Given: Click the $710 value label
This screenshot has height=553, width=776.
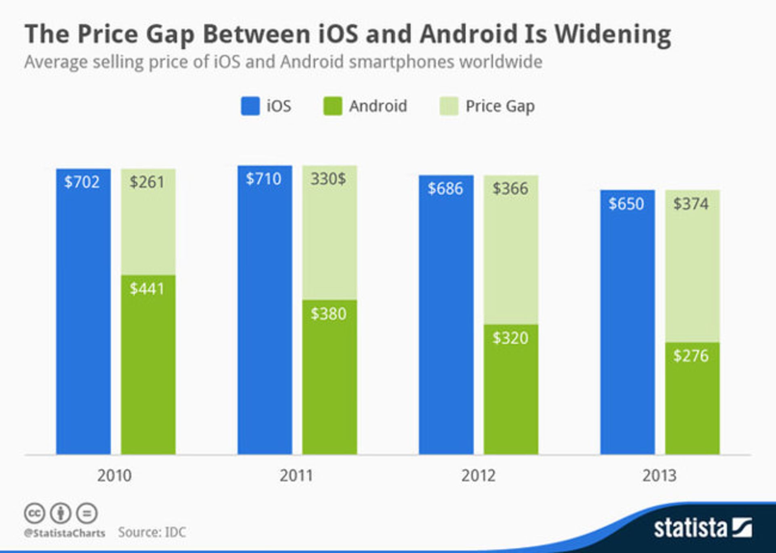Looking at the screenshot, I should click(264, 179).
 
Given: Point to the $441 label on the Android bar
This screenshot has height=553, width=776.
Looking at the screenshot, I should click(147, 289).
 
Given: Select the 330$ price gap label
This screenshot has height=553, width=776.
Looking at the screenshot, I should click(328, 179).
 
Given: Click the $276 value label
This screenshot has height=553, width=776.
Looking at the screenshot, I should click(691, 356).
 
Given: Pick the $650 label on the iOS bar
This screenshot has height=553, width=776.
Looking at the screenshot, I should click(626, 204).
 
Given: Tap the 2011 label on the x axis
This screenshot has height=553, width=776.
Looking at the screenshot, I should click(296, 476).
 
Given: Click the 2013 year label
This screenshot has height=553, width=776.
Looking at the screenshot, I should click(659, 476).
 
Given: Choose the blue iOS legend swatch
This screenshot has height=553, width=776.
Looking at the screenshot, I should click(250, 106).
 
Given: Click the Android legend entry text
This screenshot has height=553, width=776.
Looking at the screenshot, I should click(378, 106).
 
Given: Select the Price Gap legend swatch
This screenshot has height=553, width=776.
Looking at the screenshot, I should click(449, 106).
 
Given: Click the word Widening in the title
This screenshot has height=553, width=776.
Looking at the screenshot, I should click(613, 34).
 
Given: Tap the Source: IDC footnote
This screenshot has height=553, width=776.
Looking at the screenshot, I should click(152, 532).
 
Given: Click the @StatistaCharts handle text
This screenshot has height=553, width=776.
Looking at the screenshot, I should click(65, 533).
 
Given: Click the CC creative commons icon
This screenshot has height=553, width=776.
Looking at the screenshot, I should click(34, 513).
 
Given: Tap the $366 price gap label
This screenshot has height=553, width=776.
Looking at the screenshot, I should click(510, 188).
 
